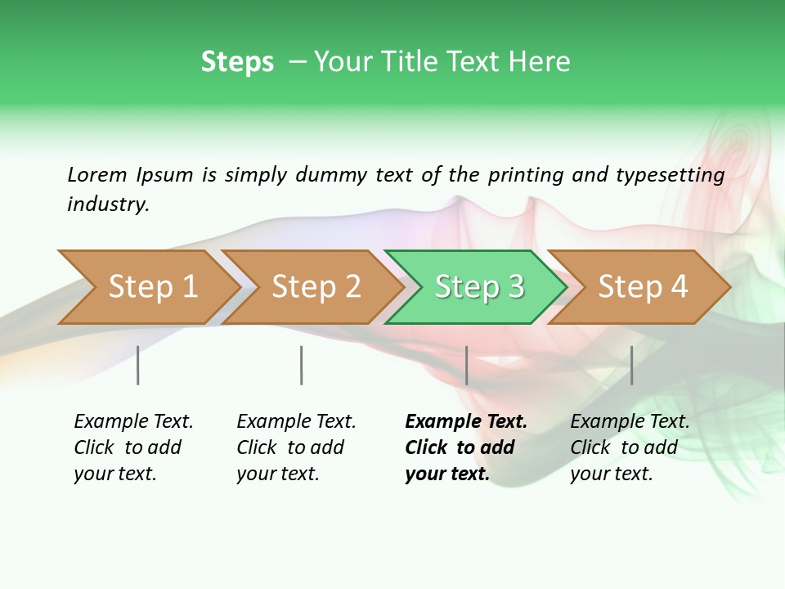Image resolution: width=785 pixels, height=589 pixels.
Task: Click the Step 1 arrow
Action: tap(152, 287)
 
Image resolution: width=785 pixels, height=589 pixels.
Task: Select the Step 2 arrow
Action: tap(316, 287)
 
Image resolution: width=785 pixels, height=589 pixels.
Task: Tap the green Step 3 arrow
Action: tap(479, 287)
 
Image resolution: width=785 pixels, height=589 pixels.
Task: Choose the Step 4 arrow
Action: tap(643, 287)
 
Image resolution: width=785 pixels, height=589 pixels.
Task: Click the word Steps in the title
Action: tap(237, 62)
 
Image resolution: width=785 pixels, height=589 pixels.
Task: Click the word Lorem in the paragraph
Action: tap(96, 174)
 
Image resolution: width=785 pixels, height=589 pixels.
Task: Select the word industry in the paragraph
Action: tap(108, 205)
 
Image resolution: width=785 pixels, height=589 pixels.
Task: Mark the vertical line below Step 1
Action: tap(138, 365)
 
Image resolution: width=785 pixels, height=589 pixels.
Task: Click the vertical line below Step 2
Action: tap(302, 365)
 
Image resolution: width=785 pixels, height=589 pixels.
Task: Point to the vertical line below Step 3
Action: tap(466, 365)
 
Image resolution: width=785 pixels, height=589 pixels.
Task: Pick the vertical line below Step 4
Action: tap(631, 365)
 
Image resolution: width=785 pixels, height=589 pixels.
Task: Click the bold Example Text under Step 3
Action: tap(466, 422)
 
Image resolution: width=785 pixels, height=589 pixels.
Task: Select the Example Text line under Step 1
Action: tap(133, 422)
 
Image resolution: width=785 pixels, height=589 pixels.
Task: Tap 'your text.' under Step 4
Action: tap(611, 474)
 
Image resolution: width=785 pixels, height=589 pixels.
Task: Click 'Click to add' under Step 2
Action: tap(290, 447)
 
